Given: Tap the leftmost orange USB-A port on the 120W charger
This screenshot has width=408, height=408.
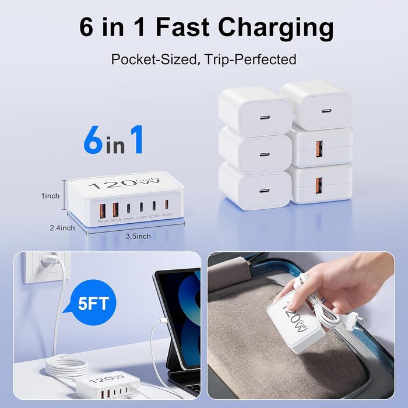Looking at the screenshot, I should [x=103, y=209].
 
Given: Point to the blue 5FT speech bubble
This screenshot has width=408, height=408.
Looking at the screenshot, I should [x=96, y=303].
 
